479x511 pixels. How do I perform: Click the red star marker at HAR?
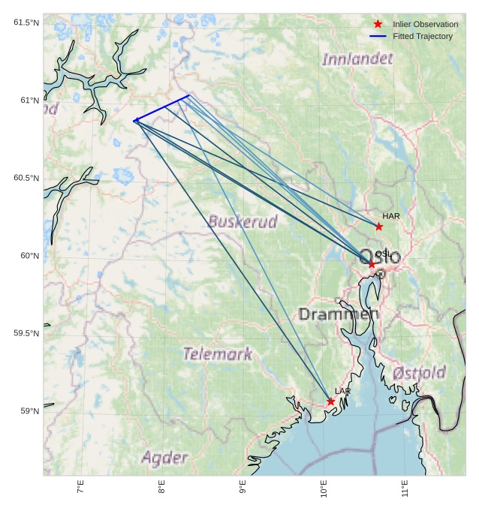click(x=379, y=227)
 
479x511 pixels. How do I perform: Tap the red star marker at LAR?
click(x=331, y=401)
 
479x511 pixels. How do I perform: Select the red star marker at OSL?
click(x=372, y=264)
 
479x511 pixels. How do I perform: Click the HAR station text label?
click(x=391, y=216)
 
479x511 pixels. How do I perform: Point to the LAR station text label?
click(x=342, y=392)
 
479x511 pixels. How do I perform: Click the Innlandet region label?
click(x=357, y=59)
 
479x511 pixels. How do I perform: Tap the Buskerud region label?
click(x=243, y=221)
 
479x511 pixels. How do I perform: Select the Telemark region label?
click(x=218, y=353)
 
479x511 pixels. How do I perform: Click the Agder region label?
click(x=164, y=457)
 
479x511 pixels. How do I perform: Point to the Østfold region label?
click(x=419, y=372)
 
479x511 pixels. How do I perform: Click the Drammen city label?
click(x=339, y=314)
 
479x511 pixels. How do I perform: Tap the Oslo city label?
click(x=381, y=256)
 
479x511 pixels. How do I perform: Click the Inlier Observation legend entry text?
click(x=425, y=24)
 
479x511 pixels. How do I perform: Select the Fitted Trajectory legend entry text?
click(x=422, y=36)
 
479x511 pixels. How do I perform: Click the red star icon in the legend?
click(x=378, y=24)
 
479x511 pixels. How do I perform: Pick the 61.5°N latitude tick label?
click(x=26, y=23)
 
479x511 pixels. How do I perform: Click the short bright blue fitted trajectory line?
click(x=161, y=108)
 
